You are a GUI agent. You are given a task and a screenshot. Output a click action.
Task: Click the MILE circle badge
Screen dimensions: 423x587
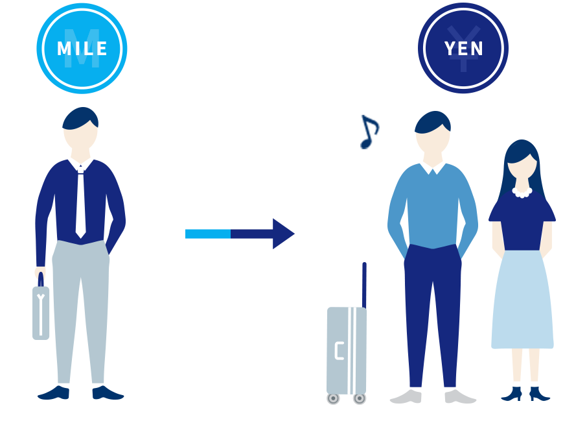click(x=82, y=48)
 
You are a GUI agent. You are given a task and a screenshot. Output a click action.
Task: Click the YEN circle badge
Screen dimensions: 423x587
click(x=463, y=48)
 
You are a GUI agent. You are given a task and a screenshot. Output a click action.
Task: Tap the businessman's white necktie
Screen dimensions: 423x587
click(x=80, y=201)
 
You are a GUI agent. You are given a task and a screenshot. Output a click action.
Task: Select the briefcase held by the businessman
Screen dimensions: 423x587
click(x=41, y=312)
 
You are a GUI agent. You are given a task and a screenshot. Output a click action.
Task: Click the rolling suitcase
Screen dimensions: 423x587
click(x=347, y=350)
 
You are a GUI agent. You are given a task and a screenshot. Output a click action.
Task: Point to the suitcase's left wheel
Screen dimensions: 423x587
click(x=333, y=398)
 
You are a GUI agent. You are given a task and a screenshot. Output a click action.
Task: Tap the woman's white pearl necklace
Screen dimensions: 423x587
click(x=522, y=191)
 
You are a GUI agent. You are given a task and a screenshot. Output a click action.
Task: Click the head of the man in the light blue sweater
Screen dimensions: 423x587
click(x=433, y=133)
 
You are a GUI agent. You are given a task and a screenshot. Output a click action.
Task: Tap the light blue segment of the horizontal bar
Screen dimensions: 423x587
click(x=207, y=234)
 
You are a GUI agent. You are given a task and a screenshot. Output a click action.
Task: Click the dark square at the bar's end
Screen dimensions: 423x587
click(x=284, y=234)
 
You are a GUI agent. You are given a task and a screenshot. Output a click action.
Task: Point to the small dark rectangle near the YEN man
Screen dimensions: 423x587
click(x=370, y=132)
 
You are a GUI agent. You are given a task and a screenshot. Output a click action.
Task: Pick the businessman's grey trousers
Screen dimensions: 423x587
click(x=80, y=305)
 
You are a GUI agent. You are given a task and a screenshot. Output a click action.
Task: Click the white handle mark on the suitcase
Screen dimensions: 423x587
click(x=338, y=350)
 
